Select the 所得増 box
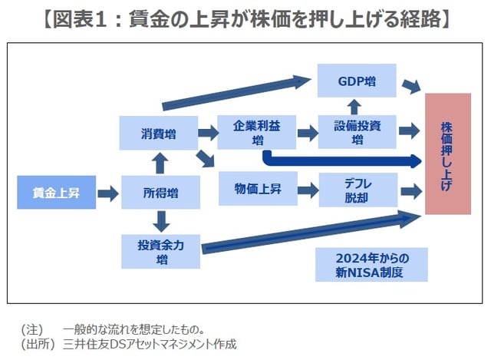160,193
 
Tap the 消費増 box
160,134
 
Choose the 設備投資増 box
358,132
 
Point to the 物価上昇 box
257,189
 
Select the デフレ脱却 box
358,189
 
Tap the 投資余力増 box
160,251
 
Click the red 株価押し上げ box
447,154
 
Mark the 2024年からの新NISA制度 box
371,264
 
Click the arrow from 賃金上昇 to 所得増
108,193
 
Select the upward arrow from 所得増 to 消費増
160,163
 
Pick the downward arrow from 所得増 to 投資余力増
160,222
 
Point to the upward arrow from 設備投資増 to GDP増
357,106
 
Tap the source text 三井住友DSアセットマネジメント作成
150,345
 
